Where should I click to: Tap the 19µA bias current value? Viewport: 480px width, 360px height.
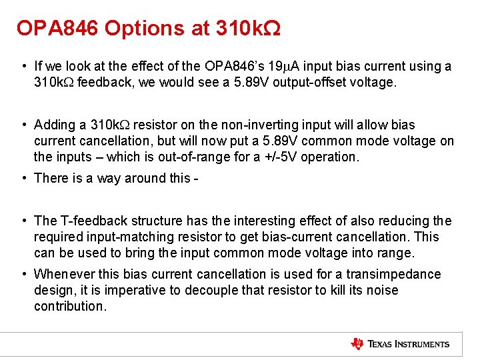[277, 66]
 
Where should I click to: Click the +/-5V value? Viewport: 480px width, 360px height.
[267, 157]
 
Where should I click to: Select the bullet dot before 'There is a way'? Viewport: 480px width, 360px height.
[23, 178]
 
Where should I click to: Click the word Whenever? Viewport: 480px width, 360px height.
[62, 274]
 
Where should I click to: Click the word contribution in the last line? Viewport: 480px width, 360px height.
[69, 306]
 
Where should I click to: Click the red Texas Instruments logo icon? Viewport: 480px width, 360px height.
[357, 344]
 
